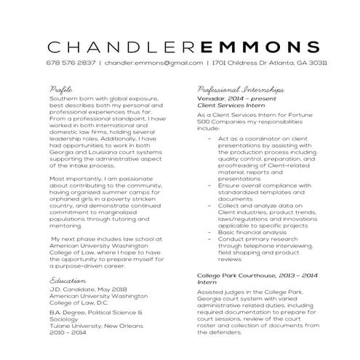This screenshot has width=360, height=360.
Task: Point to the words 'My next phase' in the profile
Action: point(73,239)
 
